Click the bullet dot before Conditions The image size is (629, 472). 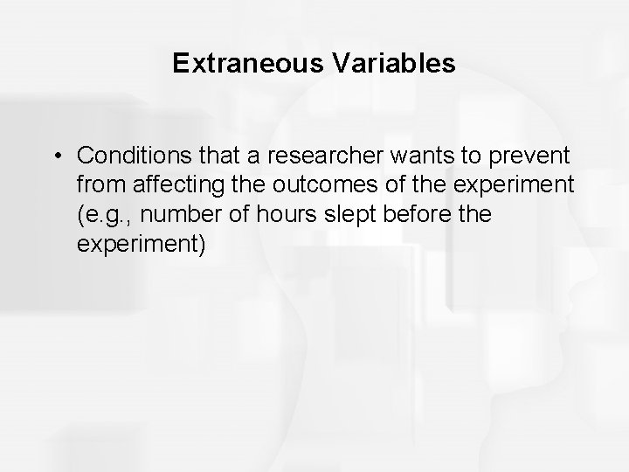[x=57, y=156]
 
